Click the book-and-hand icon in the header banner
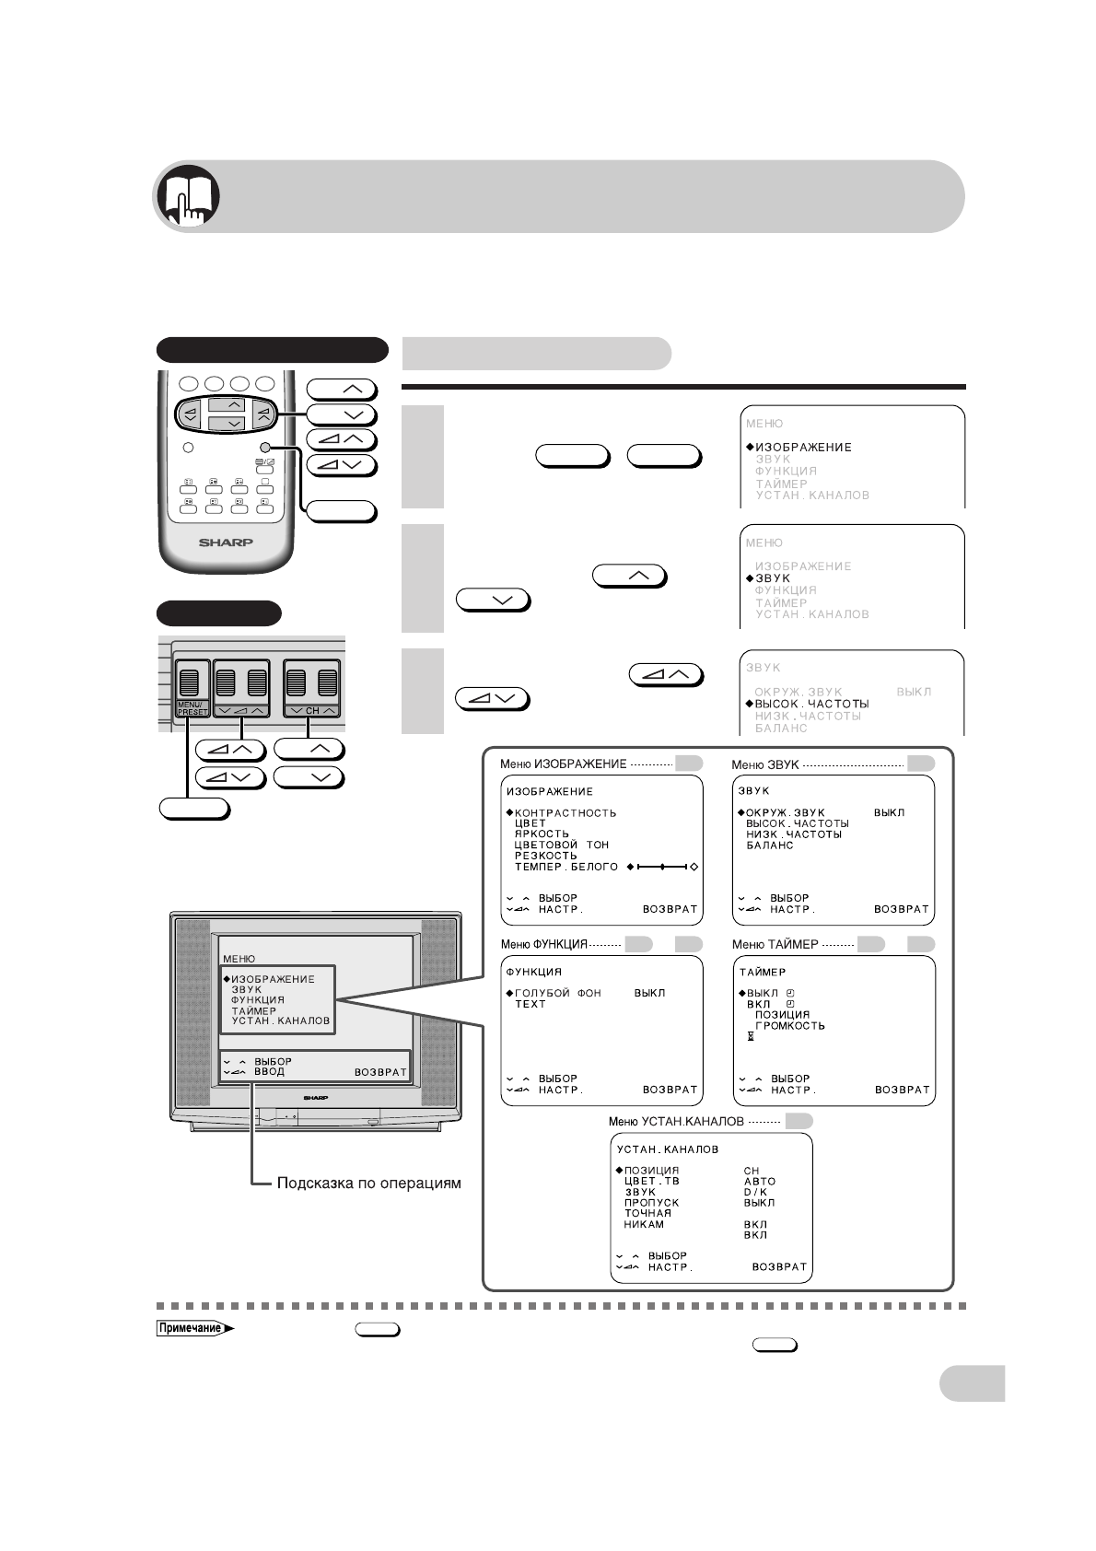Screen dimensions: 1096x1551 (189, 196)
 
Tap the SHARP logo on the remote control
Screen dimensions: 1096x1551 (226, 542)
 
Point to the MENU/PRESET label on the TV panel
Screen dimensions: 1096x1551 (192, 708)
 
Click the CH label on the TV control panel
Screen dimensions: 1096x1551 (312, 711)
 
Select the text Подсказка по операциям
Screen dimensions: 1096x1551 (368, 1183)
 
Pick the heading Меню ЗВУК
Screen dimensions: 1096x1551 (764, 764)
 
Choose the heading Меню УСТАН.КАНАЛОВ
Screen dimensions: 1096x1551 (676, 1122)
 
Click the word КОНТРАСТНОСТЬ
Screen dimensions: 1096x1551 (565, 813)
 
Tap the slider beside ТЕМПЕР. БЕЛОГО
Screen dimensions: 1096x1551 (662, 867)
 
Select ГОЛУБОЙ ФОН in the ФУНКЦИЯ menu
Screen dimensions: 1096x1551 (557, 993)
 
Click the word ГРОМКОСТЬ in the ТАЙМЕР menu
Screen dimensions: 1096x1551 (790, 1025)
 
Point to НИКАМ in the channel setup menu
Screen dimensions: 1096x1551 (644, 1224)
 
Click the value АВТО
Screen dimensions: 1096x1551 (760, 1182)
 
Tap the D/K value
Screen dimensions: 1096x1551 (755, 1192)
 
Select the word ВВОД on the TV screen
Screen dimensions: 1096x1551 (270, 1072)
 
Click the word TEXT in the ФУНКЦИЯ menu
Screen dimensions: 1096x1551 (531, 1004)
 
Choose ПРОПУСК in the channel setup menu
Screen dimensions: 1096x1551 (651, 1203)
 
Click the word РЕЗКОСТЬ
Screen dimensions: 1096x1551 (546, 856)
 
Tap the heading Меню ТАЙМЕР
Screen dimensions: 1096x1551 (775, 944)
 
